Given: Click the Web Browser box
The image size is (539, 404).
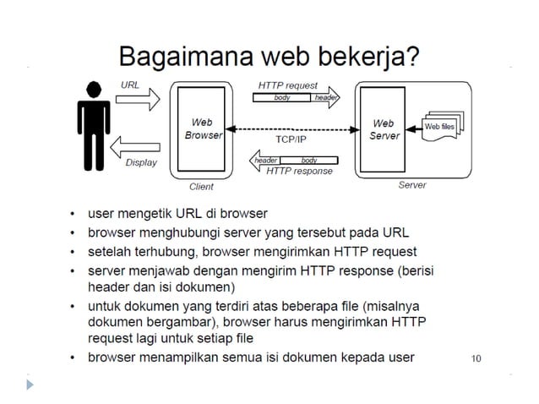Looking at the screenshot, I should [202, 128].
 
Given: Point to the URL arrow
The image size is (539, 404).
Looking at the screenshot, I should [136, 100].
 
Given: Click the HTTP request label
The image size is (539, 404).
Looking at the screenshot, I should [287, 85].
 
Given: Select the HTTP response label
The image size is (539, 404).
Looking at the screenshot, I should [299, 171].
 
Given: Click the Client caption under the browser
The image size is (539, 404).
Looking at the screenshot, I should [202, 187].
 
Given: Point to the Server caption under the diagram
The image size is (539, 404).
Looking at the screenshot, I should [412, 185].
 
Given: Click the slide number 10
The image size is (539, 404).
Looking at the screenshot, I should [476, 358].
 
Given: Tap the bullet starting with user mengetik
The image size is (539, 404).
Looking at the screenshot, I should [177, 213].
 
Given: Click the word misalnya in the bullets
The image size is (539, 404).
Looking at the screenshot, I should [411, 307].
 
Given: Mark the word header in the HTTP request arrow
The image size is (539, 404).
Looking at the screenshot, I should [326, 98].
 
